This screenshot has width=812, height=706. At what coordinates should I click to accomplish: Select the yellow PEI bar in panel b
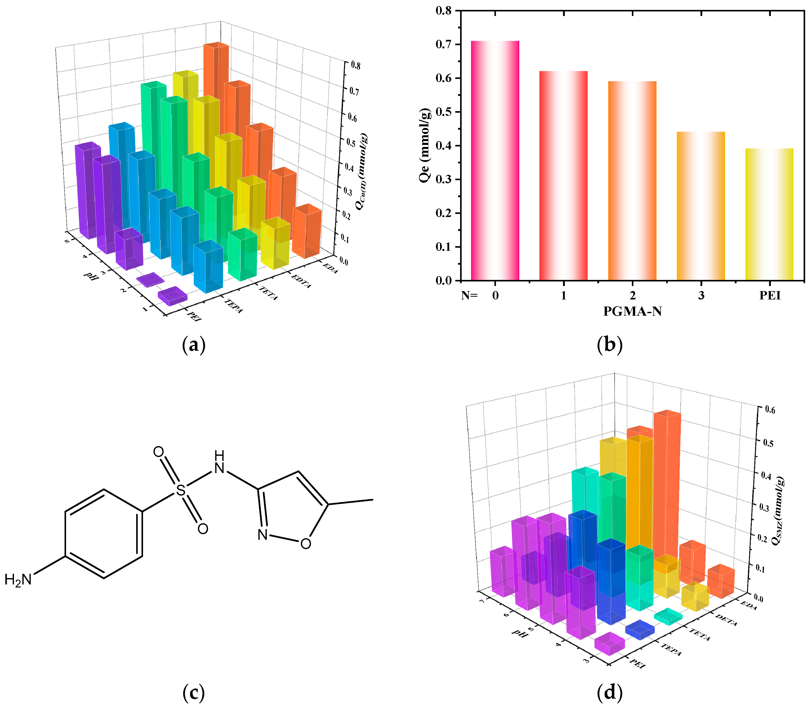(769, 215)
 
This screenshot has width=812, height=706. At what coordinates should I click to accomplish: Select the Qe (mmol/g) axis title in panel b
(425, 145)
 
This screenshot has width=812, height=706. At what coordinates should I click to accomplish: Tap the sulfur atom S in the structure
(181, 491)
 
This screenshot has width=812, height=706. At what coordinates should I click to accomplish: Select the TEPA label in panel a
(233, 306)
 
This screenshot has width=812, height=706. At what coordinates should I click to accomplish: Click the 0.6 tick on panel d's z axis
(769, 410)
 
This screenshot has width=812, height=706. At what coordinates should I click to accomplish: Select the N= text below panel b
(469, 295)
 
